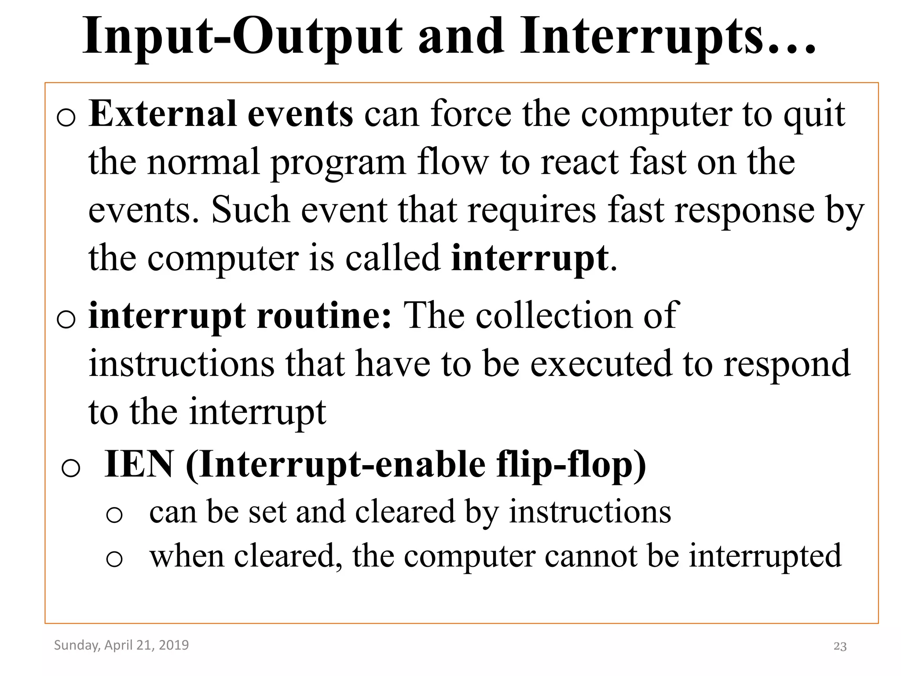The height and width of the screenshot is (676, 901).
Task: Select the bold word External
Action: coord(162,114)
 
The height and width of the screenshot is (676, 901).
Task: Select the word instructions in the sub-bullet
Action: coord(590,512)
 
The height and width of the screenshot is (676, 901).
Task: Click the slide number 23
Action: coord(840,647)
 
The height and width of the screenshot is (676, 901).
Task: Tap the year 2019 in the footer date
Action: coord(174,645)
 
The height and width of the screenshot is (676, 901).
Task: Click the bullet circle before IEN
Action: coord(71,468)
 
